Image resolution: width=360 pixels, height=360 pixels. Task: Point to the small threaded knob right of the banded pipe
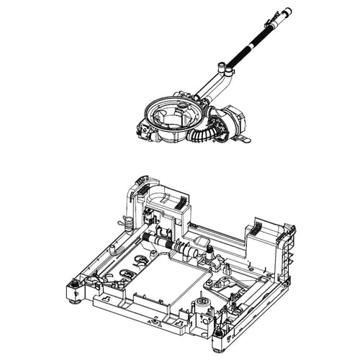point(208,252)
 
